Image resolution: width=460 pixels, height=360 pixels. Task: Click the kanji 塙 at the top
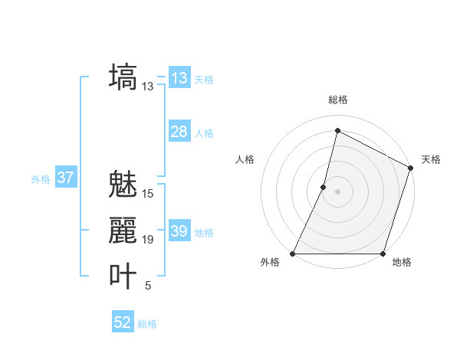123,77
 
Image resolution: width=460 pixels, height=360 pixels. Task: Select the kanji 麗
123,230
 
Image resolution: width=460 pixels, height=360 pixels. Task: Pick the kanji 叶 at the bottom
123,276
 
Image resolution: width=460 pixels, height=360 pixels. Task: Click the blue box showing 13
179,78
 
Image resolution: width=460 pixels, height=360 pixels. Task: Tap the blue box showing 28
179,132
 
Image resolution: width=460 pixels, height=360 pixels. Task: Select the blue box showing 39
179,231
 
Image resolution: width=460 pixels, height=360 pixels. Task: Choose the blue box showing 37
66,178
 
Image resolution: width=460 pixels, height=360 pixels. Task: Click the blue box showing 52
123,323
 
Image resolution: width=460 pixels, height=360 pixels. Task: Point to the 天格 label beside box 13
204,80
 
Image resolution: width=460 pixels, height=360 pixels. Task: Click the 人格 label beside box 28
204,133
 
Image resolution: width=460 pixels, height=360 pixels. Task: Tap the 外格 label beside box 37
41,179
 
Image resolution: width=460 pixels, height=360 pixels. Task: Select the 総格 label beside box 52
147,324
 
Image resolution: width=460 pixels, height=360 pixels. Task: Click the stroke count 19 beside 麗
148,240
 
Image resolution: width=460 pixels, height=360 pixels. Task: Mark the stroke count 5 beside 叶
148,286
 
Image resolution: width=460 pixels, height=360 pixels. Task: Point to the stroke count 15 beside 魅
148,194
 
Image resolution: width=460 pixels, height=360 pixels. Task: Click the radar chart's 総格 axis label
337,100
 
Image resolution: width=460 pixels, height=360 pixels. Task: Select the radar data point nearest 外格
293,254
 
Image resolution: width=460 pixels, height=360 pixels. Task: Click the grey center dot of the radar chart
337,191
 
